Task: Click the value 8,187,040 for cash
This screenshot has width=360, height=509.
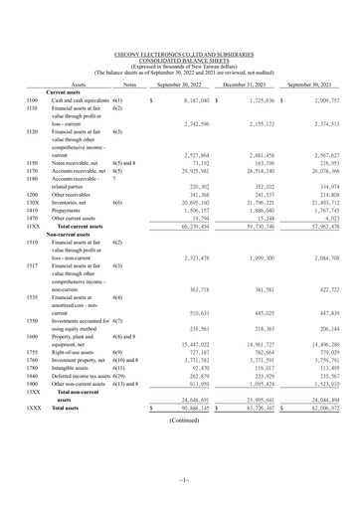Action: [x=189, y=101]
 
